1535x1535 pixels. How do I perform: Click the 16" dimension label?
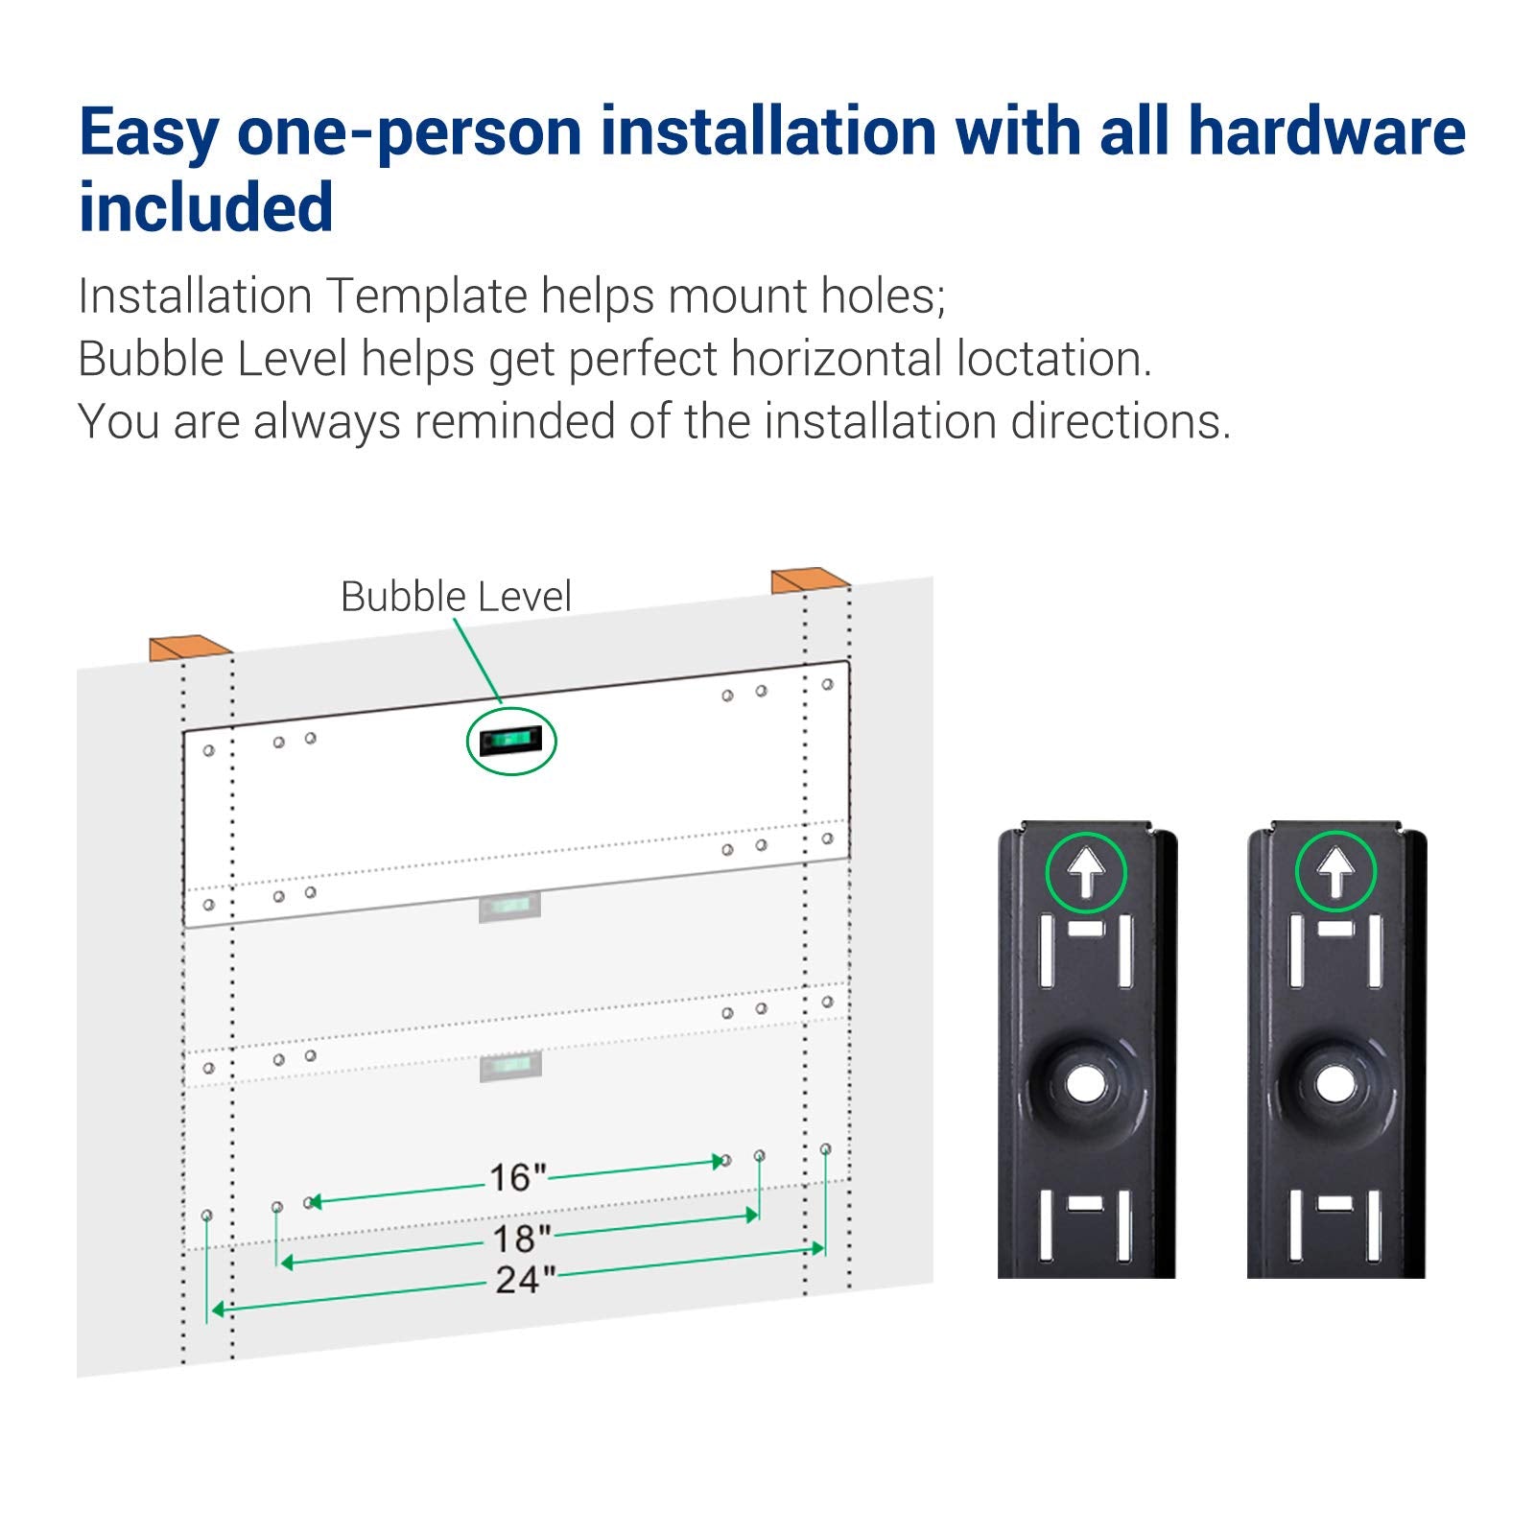[518, 1177]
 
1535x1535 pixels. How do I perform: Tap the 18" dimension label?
[522, 1239]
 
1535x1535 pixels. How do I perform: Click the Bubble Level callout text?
[456, 597]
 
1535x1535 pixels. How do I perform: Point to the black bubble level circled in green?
[510, 741]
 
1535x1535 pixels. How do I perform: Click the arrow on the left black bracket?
[1086, 873]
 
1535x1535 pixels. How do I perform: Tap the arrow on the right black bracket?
[1335, 873]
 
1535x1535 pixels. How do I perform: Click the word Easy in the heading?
[149, 132]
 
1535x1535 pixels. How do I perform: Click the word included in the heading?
[206, 207]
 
